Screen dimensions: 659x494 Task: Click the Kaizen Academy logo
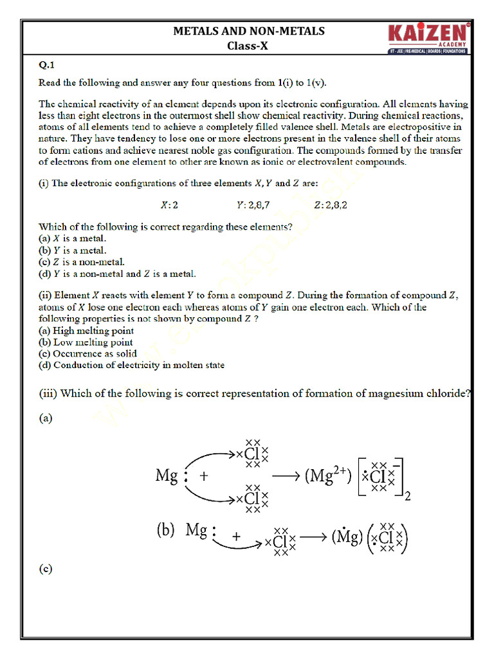click(x=428, y=38)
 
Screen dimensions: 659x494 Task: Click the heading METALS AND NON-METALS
click(x=249, y=31)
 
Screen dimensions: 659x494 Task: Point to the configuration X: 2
click(x=169, y=205)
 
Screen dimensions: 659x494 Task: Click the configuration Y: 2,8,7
click(x=253, y=205)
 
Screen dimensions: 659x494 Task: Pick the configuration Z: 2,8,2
click(x=335, y=205)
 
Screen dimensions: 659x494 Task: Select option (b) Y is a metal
click(x=72, y=250)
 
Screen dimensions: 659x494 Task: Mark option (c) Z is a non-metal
click(x=81, y=262)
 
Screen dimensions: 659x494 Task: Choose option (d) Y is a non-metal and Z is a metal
click(x=117, y=274)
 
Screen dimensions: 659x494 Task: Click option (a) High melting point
click(x=86, y=331)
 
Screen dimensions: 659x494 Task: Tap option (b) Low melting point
click(x=86, y=342)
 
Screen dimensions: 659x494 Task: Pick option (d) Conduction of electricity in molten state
click(x=131, y=366)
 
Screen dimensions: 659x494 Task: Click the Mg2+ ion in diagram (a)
click(x=328, y=477)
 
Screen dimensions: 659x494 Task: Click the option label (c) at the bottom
click(x=46, y=569)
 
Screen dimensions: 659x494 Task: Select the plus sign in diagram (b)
click(x=237, y=536)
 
